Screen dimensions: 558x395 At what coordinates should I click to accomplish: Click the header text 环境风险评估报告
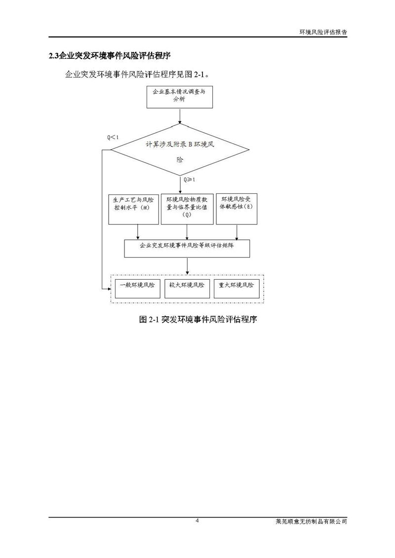(323, 31)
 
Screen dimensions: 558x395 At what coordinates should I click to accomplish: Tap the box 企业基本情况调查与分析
(180, 96)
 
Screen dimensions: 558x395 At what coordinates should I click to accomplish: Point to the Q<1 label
(113, 137)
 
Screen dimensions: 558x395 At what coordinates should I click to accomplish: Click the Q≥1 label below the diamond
(190, 180)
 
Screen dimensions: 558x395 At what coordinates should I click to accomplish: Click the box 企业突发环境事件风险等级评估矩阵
(187, 249)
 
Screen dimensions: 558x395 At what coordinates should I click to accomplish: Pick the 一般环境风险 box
(138, 289)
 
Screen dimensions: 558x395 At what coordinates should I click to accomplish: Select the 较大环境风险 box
(187, 289)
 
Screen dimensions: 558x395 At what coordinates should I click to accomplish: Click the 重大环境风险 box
(236, 289)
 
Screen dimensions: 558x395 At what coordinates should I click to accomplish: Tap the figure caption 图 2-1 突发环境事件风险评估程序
(198, 319)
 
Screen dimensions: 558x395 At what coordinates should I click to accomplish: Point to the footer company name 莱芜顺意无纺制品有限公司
(311, 521)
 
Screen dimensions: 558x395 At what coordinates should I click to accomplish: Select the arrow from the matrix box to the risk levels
(187, 266)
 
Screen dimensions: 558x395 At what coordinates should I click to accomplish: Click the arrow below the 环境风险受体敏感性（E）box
(237, 232)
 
